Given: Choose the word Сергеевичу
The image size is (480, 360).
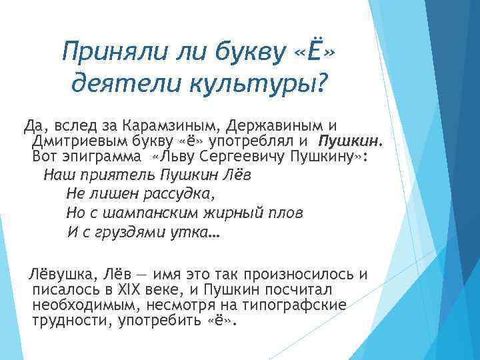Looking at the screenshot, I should [x=241, y=156].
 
